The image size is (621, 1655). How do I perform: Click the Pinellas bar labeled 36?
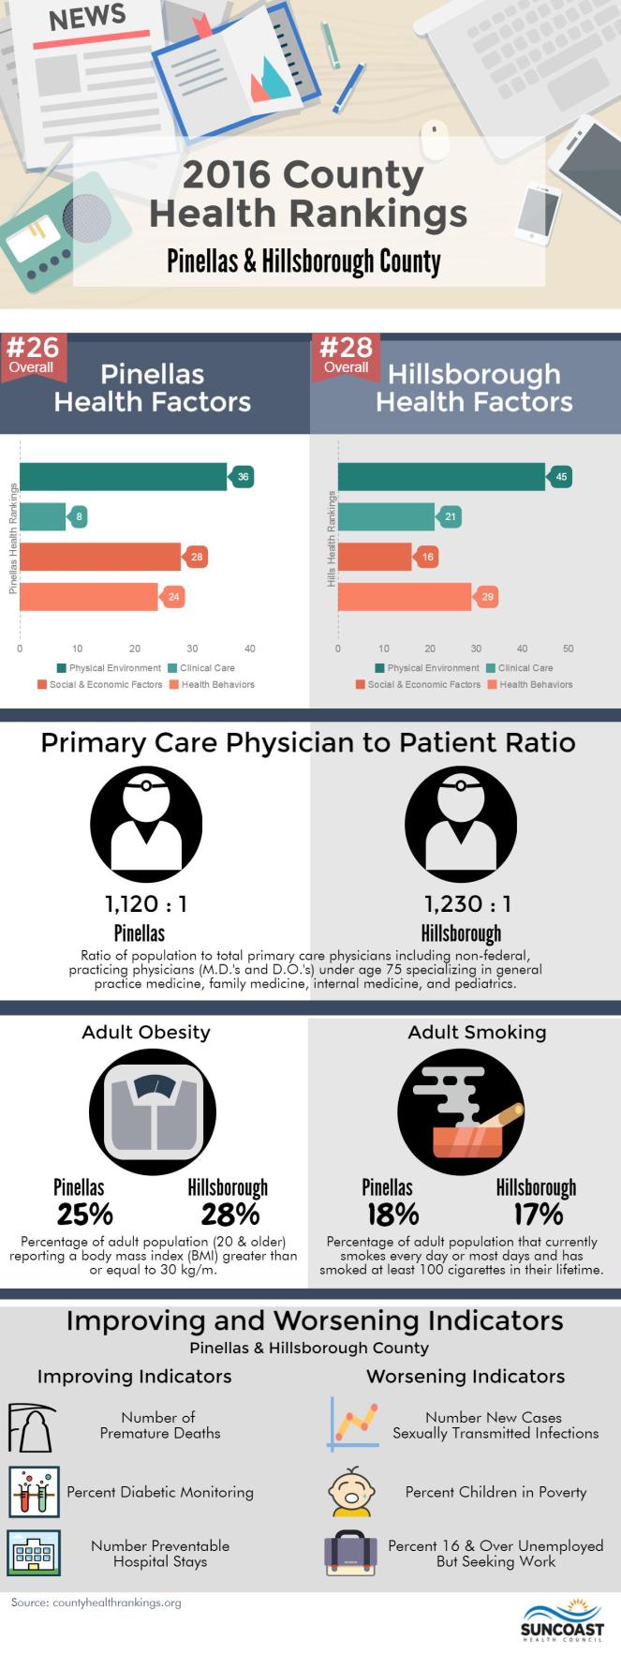123,477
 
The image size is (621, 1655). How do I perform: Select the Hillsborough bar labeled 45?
441,477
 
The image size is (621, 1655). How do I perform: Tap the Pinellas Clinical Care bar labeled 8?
43,517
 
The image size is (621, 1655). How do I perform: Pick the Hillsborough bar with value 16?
375,557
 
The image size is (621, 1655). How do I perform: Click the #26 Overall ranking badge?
33,354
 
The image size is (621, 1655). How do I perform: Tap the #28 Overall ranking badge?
346,354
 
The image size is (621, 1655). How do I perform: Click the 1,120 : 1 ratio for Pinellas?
145,903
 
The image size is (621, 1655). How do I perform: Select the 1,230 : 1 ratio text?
467,903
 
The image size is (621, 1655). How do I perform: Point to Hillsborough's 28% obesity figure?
229,1215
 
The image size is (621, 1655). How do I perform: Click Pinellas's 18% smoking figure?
392,1215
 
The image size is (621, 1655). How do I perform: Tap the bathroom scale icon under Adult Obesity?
152,1112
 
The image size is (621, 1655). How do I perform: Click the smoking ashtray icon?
460,1112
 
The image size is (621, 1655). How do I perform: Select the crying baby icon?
352,1492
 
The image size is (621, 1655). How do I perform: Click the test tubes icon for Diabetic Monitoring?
34,1492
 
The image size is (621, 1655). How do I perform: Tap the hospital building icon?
34,1553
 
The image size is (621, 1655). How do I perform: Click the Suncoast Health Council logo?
563,1619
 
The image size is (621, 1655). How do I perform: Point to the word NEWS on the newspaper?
87,18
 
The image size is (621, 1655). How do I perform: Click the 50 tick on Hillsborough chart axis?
568,649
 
